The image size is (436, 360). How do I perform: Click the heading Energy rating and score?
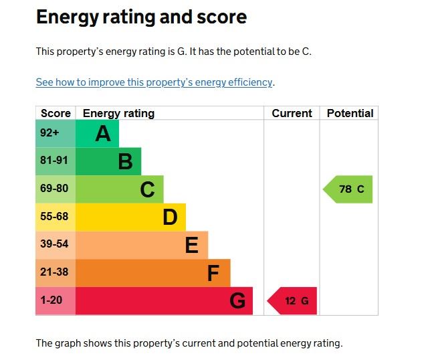pyautogui.click(x=141, y=17)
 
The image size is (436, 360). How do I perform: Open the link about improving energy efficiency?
pyautogui.click(x=154, y=82)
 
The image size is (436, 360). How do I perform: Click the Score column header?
pyautogui.click(x=56, y=113)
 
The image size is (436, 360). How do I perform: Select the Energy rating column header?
pyautogui.click(x=118, y=113)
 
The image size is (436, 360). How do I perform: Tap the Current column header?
pyautogui.click(x=292, y=113)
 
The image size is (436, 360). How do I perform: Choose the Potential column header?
pyautogui.click(x=350, y=113)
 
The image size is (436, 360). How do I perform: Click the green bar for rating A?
pyautogui.click(x=97, y=134)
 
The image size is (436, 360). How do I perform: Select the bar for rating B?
pyautogui.click(x=108, y=161)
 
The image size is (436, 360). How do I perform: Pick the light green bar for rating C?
pyautogui.click(x=119, y=189)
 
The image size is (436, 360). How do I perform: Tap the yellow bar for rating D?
pyautogui.click(x=130, y=217)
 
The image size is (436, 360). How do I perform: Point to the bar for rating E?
pyautogui.click(x=142, y=245)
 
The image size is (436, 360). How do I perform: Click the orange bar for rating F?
pyautogui.click(x=152, y=273)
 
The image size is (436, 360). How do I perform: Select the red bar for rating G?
pyautogui.click(x=164, y=300)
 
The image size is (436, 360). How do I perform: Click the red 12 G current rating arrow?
pyautogui.click(x=293, y=301)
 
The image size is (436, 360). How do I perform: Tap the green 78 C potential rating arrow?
pyautogui.click(x=349, y=189)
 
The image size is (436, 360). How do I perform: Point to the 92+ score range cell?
pyautogui.click(x=55, y=133)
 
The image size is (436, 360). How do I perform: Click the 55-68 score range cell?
pyautogui.click(x=55, y=217)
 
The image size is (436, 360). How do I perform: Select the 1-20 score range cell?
pyautogui.click(x=55, y=300)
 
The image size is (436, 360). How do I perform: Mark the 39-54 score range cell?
pyautogui.click(x=55, y=245)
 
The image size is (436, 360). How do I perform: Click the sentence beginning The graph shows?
pyautogui.click(x=189, y=343)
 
